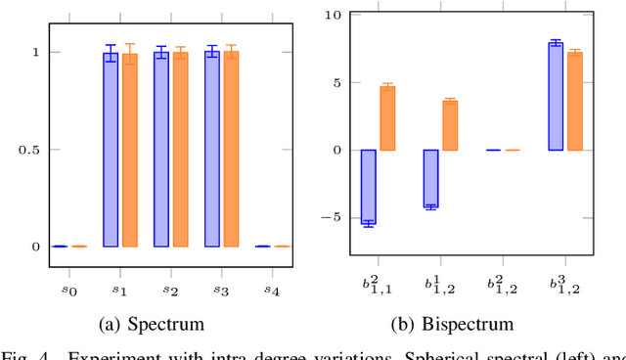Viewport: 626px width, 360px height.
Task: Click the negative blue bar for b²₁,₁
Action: pos(369,187)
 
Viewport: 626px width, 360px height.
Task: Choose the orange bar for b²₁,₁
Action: pos(387,118)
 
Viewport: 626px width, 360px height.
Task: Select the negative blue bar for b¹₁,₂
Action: pos(430,178)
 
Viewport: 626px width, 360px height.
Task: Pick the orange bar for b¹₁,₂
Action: pos(450,125)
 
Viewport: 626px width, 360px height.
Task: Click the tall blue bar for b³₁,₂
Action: pos(556,97)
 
